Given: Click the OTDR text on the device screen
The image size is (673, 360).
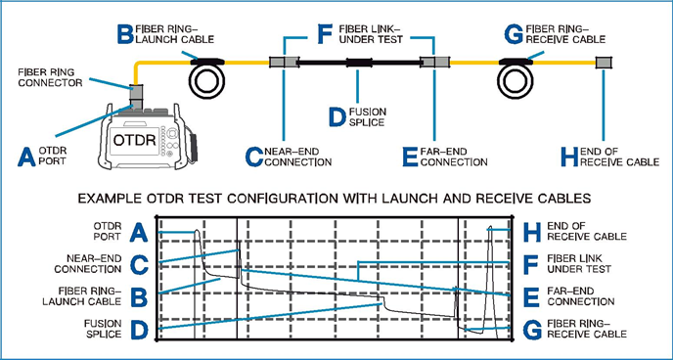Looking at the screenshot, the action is pos(134,140).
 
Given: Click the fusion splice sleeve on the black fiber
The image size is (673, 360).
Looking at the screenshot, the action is pos(358,63).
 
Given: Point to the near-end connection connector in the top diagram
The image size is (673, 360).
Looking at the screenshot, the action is pos(284,63).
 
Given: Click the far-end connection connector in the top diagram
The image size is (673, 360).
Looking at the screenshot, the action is pos(434,63).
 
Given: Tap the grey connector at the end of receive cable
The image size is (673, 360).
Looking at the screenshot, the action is pos(604,63).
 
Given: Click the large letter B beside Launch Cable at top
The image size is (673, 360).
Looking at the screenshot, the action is pos(125,34).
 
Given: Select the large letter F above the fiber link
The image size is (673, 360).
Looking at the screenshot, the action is pos(325,34).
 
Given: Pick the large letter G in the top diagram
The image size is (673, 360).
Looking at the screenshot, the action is pos(514,34).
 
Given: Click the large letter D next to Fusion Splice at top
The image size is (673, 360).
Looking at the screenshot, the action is pos(336,116).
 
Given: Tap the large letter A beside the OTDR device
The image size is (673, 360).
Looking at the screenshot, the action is pos(26,157).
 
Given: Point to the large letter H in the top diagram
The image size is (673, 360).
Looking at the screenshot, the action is pos(569,157).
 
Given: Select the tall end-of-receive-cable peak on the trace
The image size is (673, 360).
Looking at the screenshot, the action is pos(489,279).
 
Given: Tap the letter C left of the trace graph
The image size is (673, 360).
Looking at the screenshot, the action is pos(139,265).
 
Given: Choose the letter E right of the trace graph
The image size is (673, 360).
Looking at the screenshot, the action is pos(531,297).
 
